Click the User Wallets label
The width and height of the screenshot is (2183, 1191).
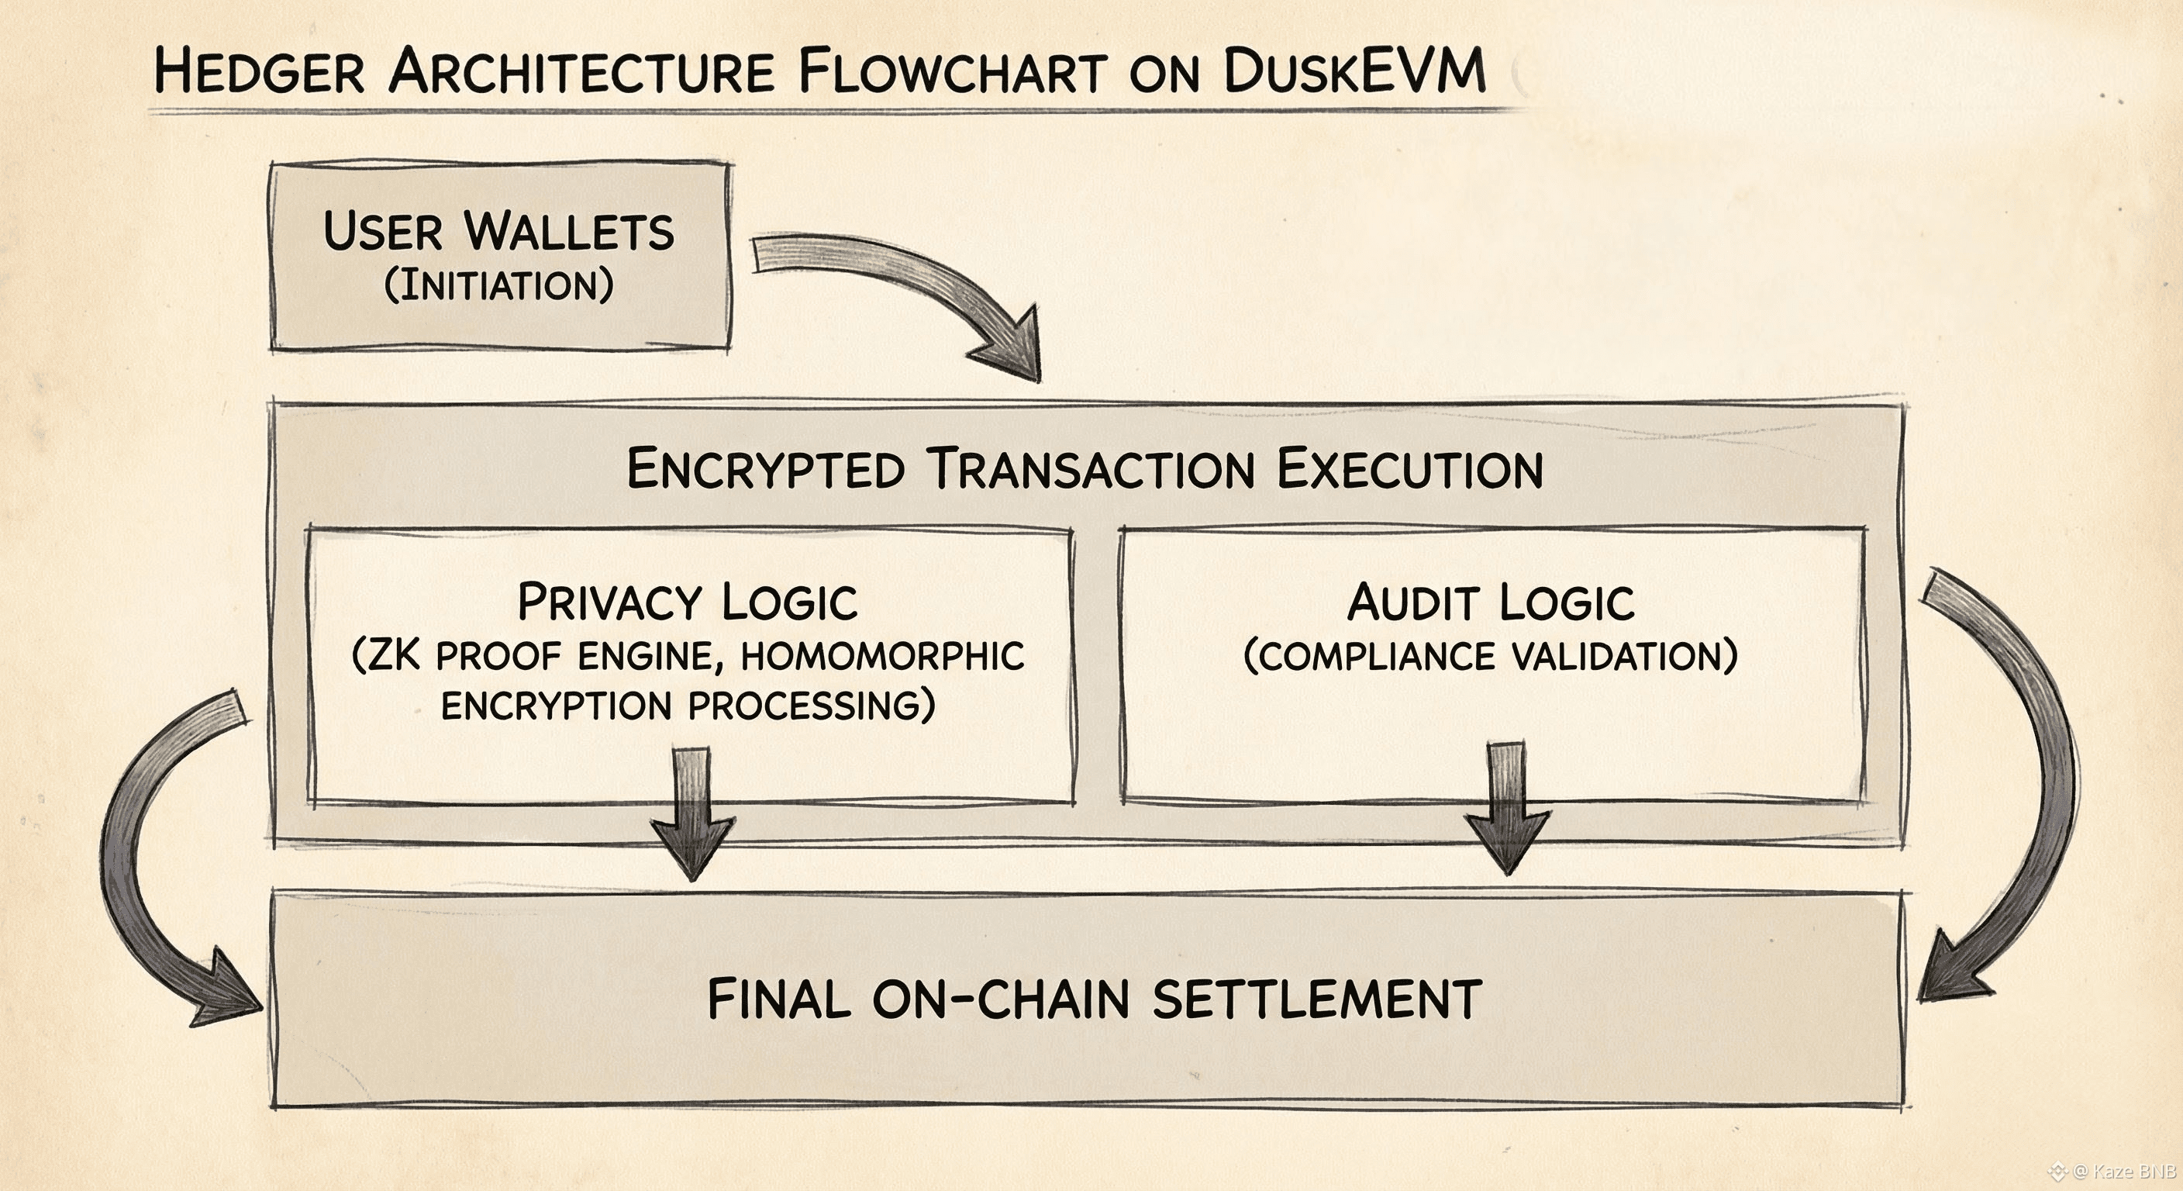[498, 230]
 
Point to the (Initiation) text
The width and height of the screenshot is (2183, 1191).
[498, 285]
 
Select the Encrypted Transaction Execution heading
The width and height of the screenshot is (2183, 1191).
[1085, 469]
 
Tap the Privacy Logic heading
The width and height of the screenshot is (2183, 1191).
[688, 602]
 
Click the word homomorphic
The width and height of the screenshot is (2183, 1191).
[882, 656]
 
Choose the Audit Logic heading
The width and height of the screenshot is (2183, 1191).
[1491, 602]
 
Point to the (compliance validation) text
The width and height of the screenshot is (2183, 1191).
[1491, 656]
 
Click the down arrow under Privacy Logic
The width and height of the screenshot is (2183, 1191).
[692, 814]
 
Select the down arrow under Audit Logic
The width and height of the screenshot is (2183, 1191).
[1507, 810]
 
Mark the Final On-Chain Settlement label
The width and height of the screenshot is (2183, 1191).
[1094, 999]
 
